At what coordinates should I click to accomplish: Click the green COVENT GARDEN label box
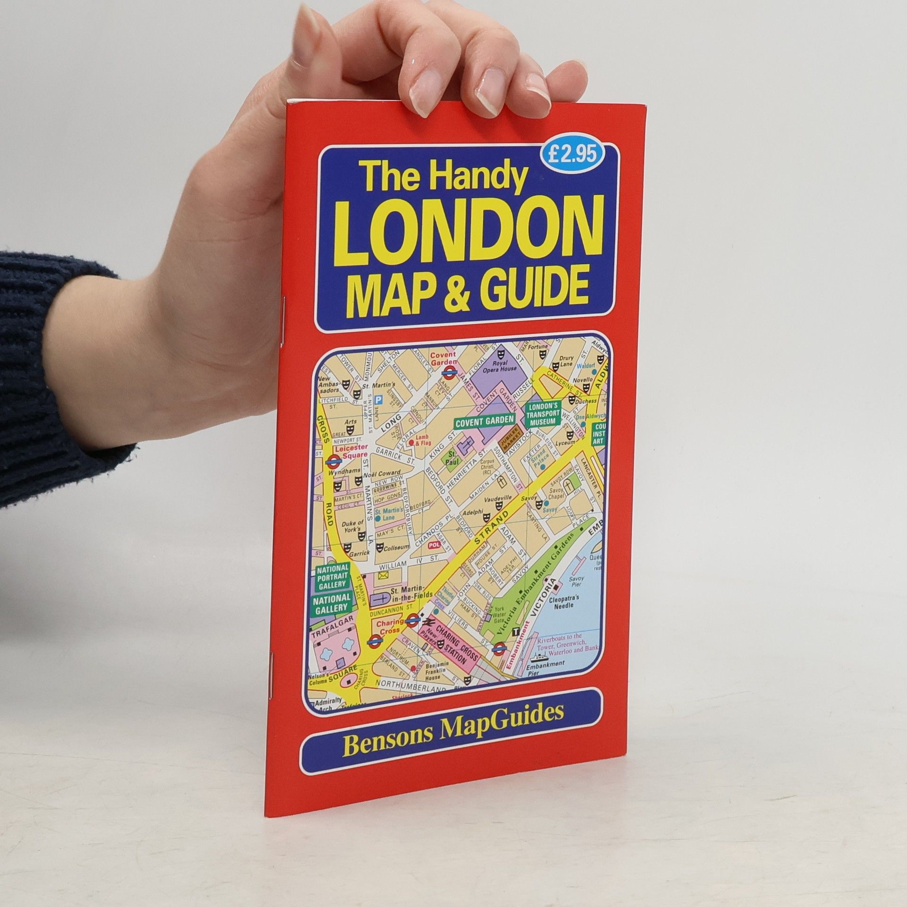click(484, 420)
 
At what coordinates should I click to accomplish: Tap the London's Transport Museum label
click(543, 415)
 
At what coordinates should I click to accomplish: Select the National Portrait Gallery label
click(333, 576)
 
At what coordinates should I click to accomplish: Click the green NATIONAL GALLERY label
click(332, 604)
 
